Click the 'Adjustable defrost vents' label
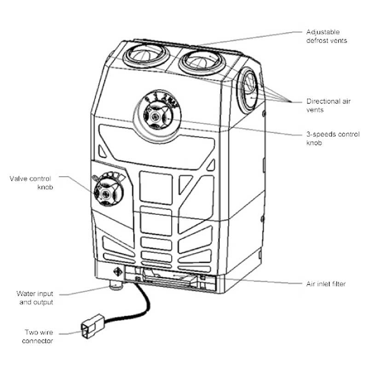click(x=326, y=36)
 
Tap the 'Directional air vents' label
click(x=328, y=105)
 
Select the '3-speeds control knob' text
click(x=329, y=138)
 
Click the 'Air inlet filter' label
click(x=326, y=284)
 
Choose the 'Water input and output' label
click(x=34, y=298)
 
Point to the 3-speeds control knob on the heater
click(x=156, y=115)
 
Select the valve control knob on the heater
click(x=106, y=193)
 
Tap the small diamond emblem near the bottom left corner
click(x=116, y=272)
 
